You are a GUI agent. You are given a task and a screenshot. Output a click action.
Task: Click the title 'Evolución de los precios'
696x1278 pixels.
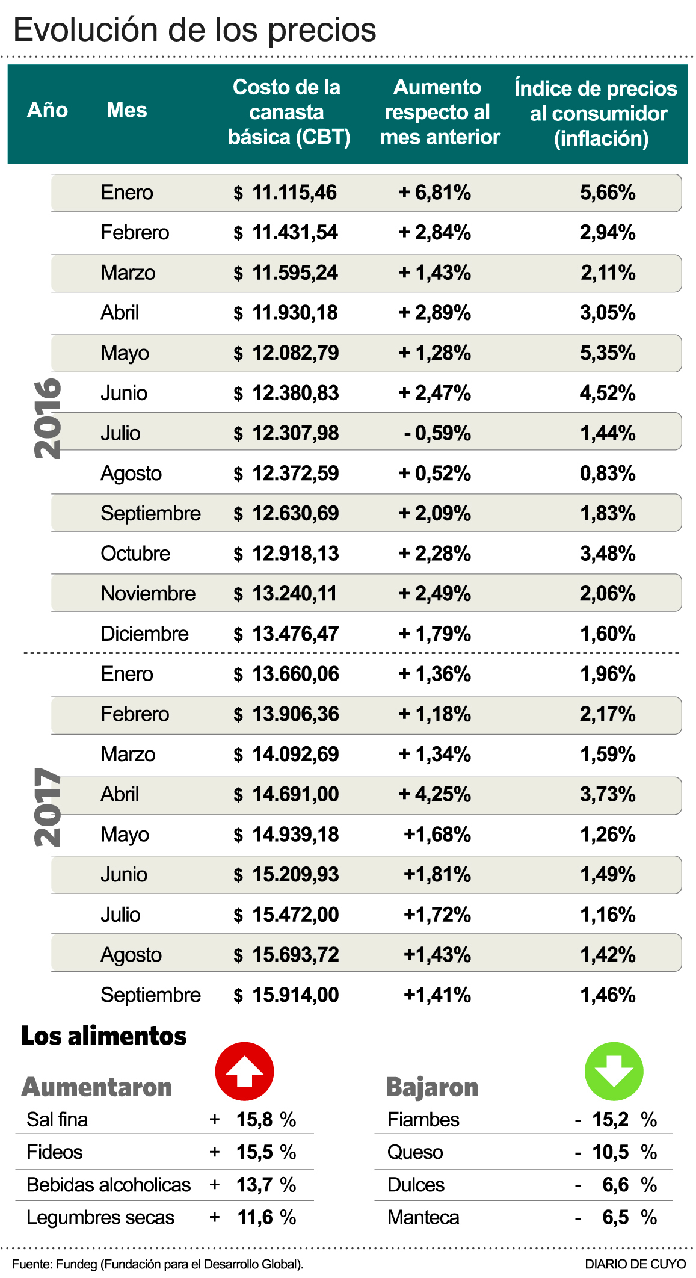click(x=195, y=30)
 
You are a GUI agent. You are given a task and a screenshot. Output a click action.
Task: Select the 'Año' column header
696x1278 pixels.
click(x=48, y=110)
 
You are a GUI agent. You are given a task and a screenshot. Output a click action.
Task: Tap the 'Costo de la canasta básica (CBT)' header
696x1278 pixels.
click(x=288, y=112)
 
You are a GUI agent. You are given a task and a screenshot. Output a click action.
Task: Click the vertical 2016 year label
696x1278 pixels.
click(x=48, y=418)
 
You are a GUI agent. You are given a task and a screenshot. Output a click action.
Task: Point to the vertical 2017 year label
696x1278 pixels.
click(x=48, y=806)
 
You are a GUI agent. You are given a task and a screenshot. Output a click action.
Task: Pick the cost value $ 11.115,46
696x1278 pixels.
click(x=285, y=193)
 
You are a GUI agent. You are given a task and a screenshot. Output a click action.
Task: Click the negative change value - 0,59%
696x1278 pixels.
click(x=437, y=433)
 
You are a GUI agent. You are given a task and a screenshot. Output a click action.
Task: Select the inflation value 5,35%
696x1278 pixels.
click(x=608, y=353)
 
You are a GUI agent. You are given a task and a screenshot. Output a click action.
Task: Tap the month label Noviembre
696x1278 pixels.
click(x=148, y=594)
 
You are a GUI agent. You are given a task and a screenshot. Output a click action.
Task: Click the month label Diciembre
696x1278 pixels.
click(x=144, y=634)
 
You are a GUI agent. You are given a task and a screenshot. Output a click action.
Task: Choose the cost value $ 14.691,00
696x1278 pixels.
click(x=286, y=794)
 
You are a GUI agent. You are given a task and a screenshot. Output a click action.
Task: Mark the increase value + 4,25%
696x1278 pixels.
click(x=434, y=794)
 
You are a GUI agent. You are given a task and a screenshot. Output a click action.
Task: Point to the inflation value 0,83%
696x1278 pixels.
click(x=608, y=474)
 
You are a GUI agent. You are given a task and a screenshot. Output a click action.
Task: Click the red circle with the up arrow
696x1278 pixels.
click(x=244, y=1072)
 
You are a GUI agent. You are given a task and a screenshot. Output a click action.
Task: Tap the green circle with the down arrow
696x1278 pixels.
click(x=614, y=1072)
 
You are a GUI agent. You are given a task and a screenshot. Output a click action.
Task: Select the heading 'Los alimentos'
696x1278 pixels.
click(x=104, y=1036)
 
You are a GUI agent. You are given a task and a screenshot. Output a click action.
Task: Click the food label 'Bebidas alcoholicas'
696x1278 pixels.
click(x=108, y=1185)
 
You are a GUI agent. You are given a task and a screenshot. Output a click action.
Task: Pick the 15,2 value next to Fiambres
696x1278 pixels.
click(x=610, y=1119)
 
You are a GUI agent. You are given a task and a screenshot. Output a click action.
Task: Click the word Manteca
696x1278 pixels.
click(x=423, y=1217)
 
